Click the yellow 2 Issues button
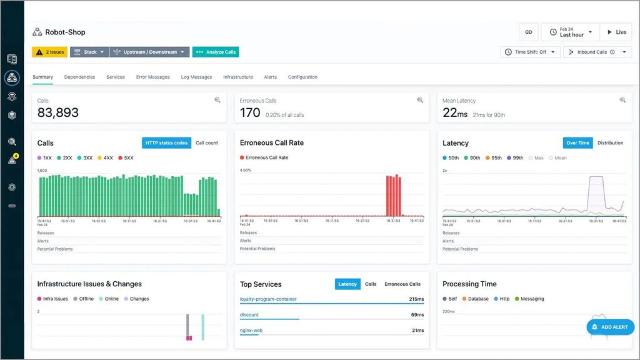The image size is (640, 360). point(49,52)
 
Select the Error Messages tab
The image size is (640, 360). point(152,77)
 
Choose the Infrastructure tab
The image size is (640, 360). point(237,77)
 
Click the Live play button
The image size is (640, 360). point(616,32)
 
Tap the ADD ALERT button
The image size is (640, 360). point(610,327)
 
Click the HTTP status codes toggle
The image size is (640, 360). point(166,143)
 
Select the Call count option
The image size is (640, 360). point(207,143)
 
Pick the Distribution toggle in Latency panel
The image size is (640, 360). point(610,143)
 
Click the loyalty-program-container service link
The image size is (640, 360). point(268,299)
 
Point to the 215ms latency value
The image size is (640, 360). point(416,299)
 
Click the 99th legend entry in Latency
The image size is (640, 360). point(515,158)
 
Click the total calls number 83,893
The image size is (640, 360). point(58,112)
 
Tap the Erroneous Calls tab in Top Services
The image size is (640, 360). point(402,284)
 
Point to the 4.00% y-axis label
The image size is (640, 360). point(246,170)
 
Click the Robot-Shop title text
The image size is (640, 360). point(65,32)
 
